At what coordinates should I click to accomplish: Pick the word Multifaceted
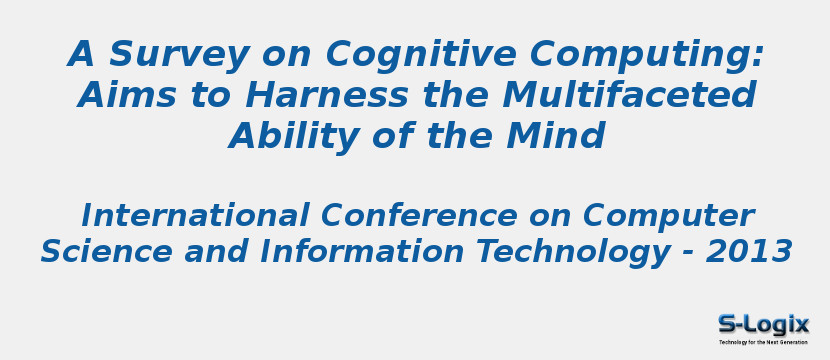(x=629, y=96)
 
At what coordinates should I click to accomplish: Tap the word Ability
(x=289, y=137)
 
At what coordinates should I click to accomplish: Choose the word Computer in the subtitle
(x=669, y=217)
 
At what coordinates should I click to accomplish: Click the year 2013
(x=749, y=252)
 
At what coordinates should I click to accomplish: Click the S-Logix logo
(x=763, y=324)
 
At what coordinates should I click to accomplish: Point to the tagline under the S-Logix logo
(x=763, y=342)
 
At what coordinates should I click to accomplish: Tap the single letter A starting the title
(x=82, y=55)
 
